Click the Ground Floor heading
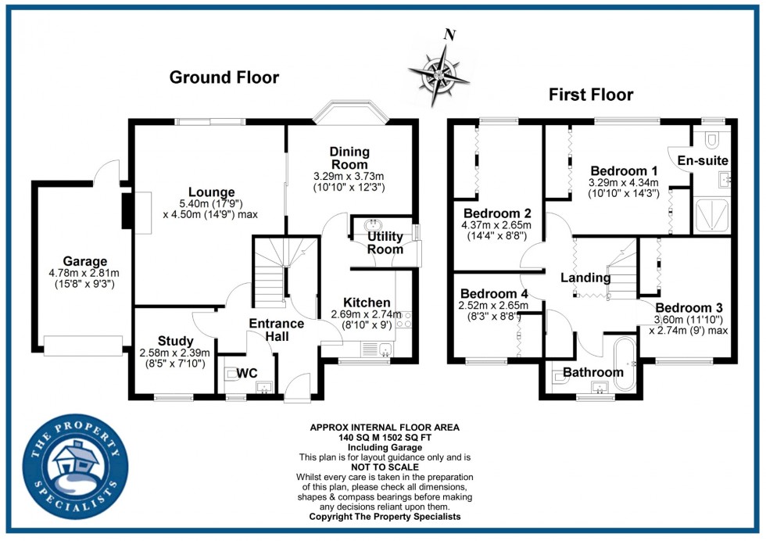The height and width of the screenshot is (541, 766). pos(224,77)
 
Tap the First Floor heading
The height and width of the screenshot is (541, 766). pos(591,95)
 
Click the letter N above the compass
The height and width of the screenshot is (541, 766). pos(450,34)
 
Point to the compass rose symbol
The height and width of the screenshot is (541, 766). pos(439,76)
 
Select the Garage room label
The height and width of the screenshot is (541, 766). pos(85,261)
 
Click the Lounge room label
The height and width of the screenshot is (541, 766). pos(212,192)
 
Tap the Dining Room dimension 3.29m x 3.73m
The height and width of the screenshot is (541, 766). pos(349,177)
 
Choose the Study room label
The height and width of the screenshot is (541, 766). pos(175,341)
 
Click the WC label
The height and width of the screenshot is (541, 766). pos(247,374)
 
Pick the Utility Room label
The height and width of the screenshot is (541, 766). pos(385,243)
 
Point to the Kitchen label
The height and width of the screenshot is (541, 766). pos(367,303)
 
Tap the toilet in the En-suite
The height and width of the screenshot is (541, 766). pos(711,139)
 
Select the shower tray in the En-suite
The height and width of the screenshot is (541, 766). pos(712,214)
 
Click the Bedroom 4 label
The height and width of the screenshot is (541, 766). pos(494,294)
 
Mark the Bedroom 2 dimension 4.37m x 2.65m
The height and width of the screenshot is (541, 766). pos(496,225)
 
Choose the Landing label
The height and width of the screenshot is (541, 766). pos(585,278)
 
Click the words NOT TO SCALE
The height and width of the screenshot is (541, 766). pos(385,468)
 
